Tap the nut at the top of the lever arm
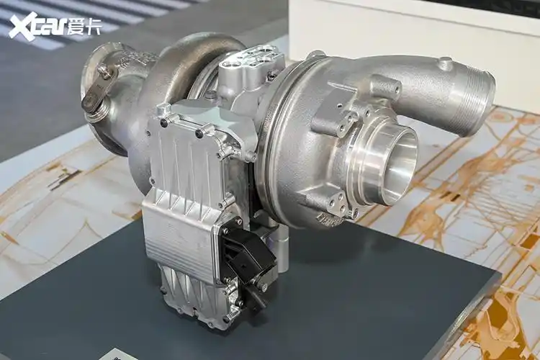click(105, 71)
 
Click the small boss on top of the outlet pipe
click(446, 64)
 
